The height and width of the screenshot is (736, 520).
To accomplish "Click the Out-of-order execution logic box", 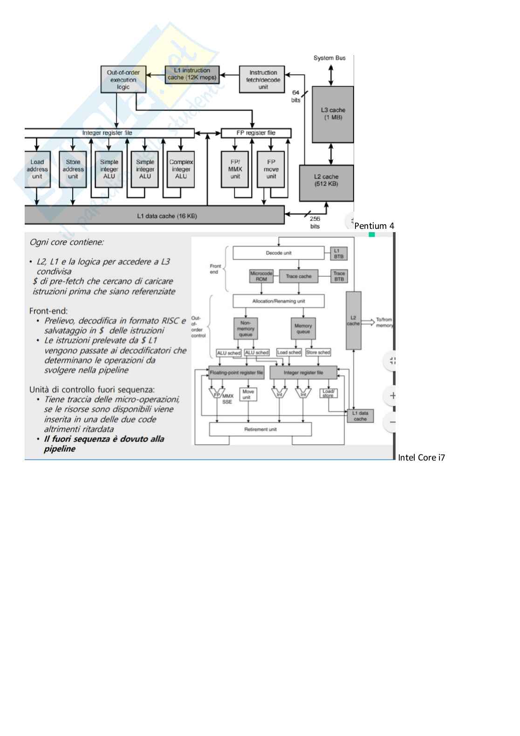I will (123, 79).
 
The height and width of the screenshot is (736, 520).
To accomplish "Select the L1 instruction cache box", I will (192, 74).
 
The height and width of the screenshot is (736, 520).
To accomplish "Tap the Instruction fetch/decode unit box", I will (263, 80).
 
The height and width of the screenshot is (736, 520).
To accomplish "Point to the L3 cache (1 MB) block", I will (333, 114).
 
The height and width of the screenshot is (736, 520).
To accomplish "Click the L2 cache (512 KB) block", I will (326, 183).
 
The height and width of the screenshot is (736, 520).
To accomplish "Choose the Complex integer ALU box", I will (181, 169).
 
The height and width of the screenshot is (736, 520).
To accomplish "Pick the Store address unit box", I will (73, 169).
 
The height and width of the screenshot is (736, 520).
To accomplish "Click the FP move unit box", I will (271, 169).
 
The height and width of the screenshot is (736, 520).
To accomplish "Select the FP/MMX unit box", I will (235, 169).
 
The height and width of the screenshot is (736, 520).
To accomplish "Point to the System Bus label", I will (329, 58).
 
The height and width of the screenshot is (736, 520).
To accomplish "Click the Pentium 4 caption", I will (374, 226).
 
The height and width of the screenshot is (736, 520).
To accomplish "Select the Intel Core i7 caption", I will (421, 458).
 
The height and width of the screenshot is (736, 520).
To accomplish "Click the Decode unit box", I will (278, 253).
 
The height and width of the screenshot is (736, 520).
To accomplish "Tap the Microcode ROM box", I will (261, 276).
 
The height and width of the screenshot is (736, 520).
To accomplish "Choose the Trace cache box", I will (298, 276).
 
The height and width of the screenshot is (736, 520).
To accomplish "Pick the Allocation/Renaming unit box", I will (278, 301).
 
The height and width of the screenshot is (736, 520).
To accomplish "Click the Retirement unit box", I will (260, 429).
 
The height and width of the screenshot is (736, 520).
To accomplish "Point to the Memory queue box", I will (303, 329).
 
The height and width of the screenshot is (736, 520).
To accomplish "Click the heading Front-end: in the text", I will (48, 311).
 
